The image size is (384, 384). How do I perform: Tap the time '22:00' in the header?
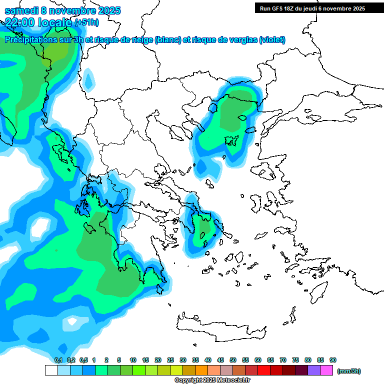pos(19,22)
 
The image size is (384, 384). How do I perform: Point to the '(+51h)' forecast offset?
pos(86,22)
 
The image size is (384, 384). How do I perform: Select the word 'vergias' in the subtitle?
pos(241,40)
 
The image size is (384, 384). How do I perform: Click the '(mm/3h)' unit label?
pos(348,371)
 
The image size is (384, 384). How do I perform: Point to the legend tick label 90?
pos(332,360)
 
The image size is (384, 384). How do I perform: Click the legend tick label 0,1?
pos(58,360)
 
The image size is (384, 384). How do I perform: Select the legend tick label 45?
pos(220,360)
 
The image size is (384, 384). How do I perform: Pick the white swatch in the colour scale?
pos(51,370)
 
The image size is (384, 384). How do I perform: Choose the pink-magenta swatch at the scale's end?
pos(326,370)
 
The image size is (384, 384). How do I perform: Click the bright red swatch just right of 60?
pos(264,370)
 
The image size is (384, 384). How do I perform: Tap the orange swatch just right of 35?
pos(201,370)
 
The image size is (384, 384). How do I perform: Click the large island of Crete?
pos(220,324)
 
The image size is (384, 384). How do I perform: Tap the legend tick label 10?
pos(133,360)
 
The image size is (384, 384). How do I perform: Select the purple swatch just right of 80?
pos(314,370)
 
